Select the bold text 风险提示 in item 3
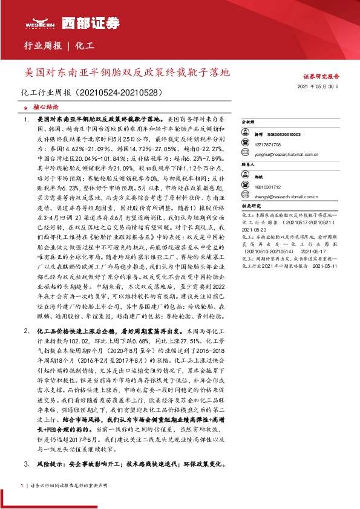coord(50,464)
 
